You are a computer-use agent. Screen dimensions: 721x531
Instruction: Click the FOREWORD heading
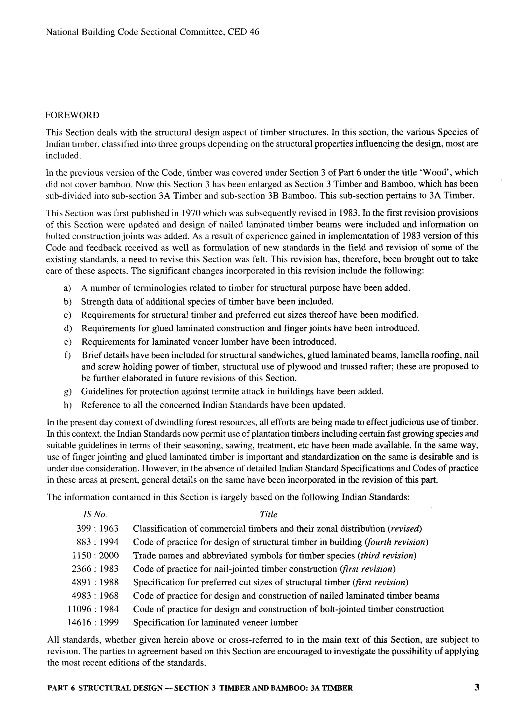(72, 115)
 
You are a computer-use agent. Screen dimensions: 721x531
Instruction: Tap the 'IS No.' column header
(95, 514)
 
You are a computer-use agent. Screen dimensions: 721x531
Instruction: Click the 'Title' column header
(268, 514)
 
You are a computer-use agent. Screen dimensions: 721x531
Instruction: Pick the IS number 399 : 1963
(97, 529)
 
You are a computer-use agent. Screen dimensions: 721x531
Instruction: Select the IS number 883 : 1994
(97, 542)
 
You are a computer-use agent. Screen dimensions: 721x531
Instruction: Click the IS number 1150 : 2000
(95, 555)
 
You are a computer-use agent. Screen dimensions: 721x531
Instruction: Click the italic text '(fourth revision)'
(397, 542)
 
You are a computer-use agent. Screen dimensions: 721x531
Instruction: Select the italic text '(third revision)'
(387, 555)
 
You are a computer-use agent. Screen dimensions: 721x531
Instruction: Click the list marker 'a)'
(67, 288)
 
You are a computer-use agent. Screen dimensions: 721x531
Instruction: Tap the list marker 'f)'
(67, 355)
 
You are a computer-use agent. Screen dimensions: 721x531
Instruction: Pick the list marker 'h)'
(67, 405)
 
